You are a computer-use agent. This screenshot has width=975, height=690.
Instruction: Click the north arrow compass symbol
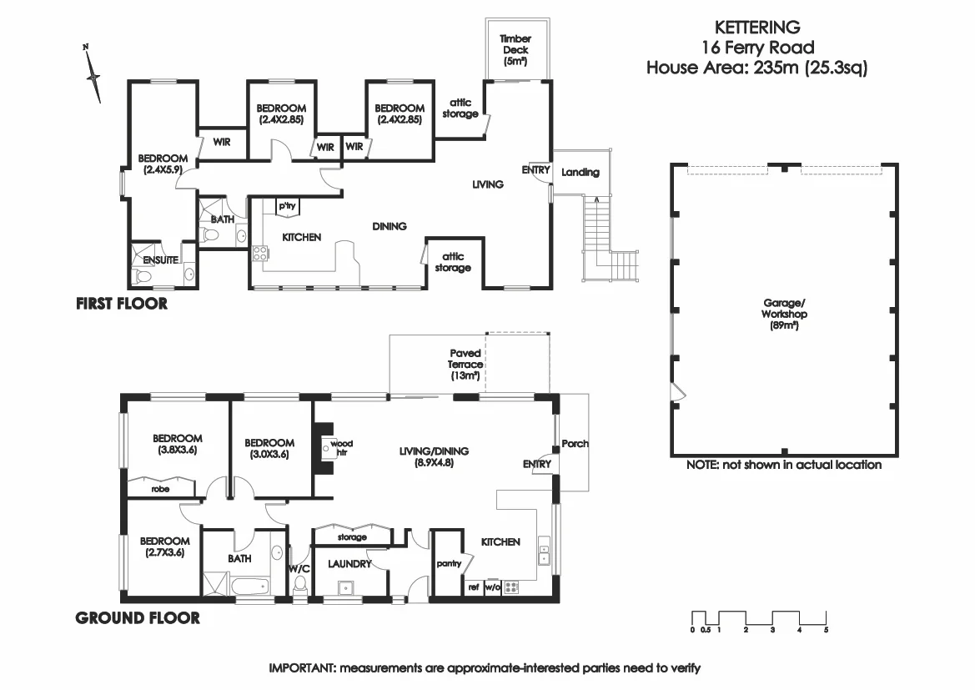[x=93, y=75]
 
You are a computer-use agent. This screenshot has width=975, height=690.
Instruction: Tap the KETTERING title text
[x=757, y=28]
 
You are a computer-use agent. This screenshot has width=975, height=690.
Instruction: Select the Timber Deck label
[x=515, y=49]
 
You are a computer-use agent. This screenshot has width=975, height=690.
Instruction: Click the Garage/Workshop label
[x=783, y=315]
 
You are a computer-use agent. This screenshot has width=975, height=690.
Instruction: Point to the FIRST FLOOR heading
[x=122, y=304]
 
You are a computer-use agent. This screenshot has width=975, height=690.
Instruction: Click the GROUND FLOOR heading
[x=138, y=618]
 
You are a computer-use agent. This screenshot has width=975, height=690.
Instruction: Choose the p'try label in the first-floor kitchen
[x=288, y=206]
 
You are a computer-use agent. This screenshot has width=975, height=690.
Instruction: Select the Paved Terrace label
[x=465, y=365]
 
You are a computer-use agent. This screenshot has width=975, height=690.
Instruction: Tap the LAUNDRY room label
[x=349, y=564]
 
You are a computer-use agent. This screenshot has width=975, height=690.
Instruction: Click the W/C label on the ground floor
[x=299, y=569]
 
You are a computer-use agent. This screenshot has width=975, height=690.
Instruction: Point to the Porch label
[x=575, y=443]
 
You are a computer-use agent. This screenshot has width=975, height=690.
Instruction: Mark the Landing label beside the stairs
[x=580, y=173]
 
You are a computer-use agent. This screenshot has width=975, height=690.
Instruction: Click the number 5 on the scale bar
[x=826, y=630]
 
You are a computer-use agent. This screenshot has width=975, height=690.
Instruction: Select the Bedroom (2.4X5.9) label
[x=157, y=164]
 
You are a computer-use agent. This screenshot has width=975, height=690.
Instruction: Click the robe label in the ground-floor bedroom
[x=160, y=489]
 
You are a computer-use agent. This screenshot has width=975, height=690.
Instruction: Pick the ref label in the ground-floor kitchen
[x=473, y=587]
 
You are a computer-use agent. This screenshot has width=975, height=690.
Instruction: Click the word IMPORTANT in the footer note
[x=300, y=668]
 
